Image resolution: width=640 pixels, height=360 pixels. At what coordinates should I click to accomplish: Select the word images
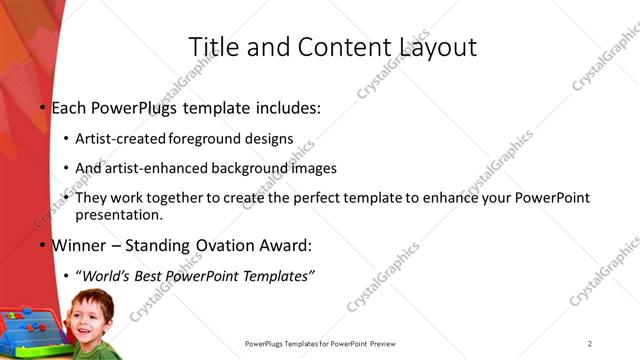coord(311,168)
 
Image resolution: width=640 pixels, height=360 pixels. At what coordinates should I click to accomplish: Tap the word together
coord(167,198)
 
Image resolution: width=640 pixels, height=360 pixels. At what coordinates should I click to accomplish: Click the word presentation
coord(117,214)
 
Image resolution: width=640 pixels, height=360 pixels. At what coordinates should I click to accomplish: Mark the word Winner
coord(79,246)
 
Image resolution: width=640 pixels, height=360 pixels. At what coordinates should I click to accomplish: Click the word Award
coord(285,246)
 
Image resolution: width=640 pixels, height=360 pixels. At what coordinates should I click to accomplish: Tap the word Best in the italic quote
coord(159,276)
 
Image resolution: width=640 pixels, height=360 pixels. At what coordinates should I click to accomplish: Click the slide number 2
coord(590,345)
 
